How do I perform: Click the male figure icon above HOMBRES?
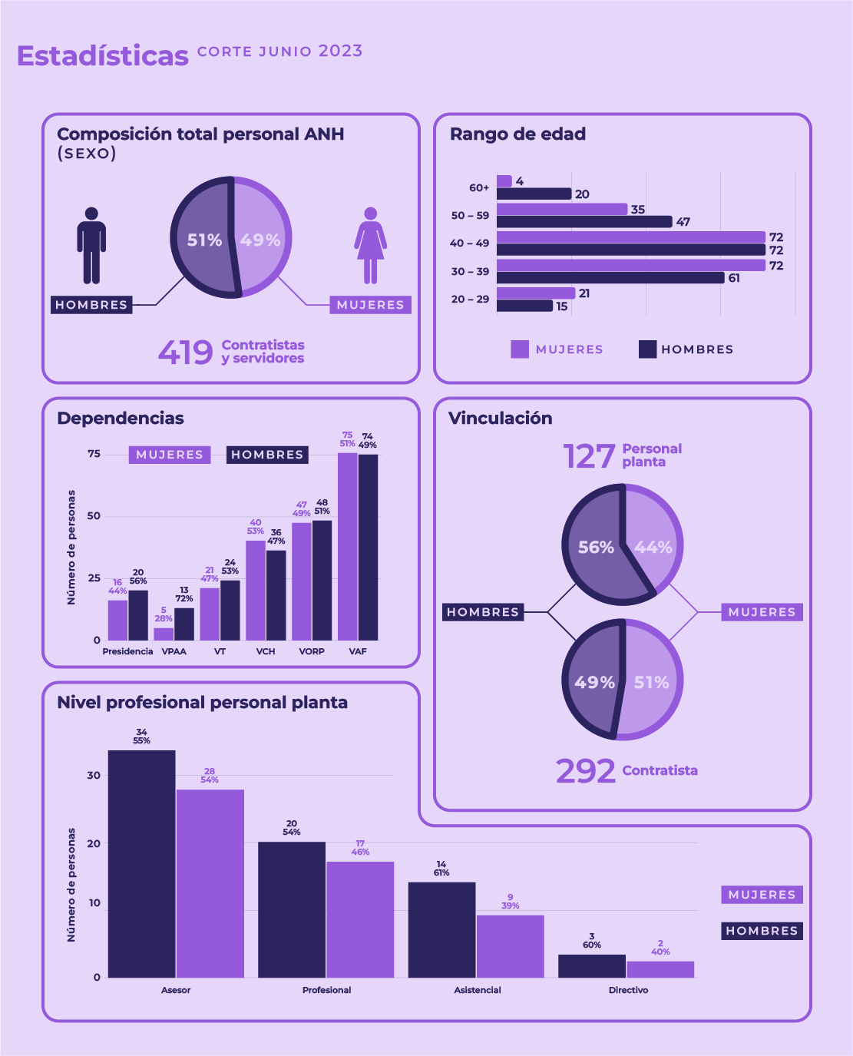[x=91, y=245]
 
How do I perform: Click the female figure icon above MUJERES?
[x=370, y=245]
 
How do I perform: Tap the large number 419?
[x=186, y=353]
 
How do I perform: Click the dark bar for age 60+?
[x=534, y=194]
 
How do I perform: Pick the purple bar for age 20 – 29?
[x=535, y=293]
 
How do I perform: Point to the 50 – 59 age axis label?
[x=470, y=216]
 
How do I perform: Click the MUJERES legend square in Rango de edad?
[x=520, y=349]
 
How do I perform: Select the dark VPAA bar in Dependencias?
[x=184, y=624]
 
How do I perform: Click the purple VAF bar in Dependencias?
[x=347, y=546]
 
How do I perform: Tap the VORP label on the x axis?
[x=312, y=651]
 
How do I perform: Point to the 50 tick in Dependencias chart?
[x=94, y=516]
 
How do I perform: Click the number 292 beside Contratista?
[x=585, y=771]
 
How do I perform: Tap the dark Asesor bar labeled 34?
[x=141, y=863]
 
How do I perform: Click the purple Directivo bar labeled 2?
[x=660, y=969]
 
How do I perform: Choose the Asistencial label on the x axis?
[x=477, y=990]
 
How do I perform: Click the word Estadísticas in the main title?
[x=103, y=56]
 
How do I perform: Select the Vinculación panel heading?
[x=501, y=419]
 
